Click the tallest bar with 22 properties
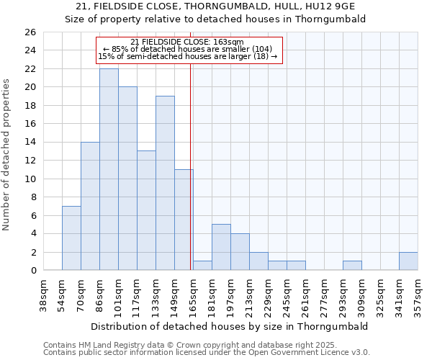(x=109, y=169)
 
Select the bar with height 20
(x=127, y=179)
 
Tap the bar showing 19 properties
(x=165, y=183)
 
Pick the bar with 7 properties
(x=71, y=238)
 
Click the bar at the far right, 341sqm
(x=408, y=261)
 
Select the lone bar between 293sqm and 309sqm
(x=352, y=265)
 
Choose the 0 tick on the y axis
(x=32, y=271)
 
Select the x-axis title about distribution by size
(x=230, y=326)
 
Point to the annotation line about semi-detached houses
(x=187, y=56)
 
